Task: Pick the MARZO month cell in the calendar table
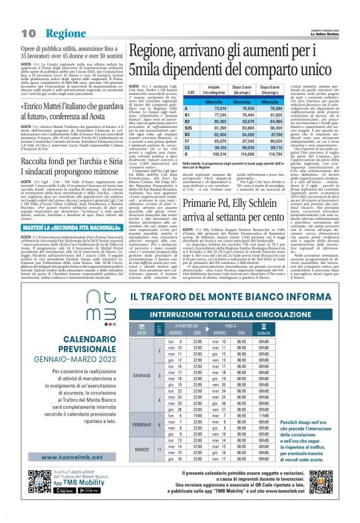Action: tap(140, 449)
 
